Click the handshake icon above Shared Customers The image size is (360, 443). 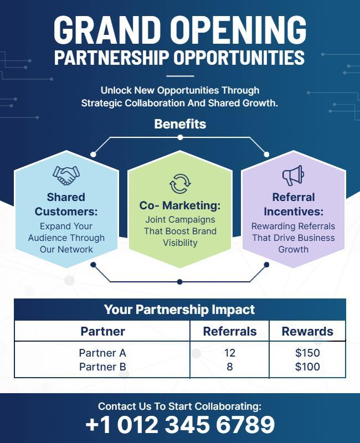pos(66,176)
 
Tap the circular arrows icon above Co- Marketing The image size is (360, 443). pos(180,183)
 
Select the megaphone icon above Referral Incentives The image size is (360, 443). pos(293,176)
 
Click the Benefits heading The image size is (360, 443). pos(180,124)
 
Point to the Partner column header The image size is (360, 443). pos(103,331)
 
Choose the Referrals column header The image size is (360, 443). pos(230,331)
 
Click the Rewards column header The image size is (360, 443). pos(307,331)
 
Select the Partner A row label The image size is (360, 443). pos(103,353)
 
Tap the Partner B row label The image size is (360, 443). pos(103,367)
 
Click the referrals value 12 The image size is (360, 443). pos(230,353)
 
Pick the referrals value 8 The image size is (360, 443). pos(230,367)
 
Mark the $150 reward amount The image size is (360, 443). pos(307,353)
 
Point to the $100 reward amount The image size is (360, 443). pos(307,367)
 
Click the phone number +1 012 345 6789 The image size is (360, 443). pos(180,425)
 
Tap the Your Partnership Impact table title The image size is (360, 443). pos(180,310)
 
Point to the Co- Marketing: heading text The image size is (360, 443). pos(180,205)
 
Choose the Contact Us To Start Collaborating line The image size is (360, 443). pos(180,406)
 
